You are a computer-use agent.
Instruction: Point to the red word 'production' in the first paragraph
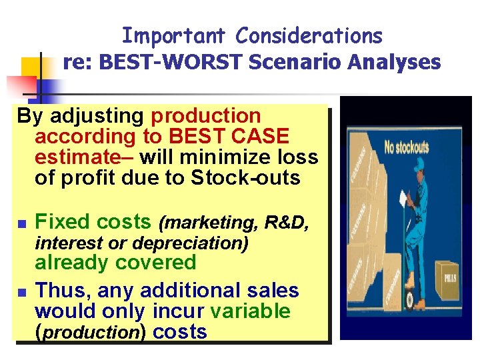pos(206,116)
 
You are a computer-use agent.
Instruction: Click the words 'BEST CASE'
pos(229,137)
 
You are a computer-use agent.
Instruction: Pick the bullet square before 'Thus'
pos(21,292)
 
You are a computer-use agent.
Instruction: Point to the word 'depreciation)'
pos(199,243)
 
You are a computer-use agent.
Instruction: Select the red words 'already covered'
pos(115,263)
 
